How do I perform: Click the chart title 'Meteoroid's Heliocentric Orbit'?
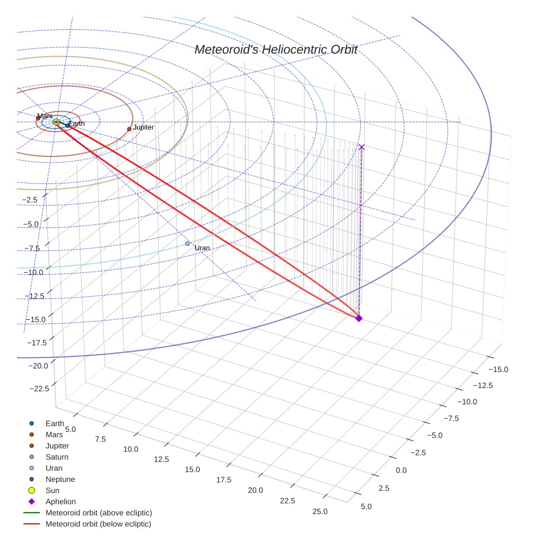point(275,50)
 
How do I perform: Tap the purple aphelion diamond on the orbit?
point(359,318)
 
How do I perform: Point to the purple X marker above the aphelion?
point(361,147)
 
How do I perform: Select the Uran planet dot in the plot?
point(187,243)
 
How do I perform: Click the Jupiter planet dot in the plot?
point(129,129)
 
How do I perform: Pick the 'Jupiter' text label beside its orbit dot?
point(143,127)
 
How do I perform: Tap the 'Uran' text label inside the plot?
point(202,248)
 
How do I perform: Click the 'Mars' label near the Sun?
point(45,116)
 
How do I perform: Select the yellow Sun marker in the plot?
point(56,122)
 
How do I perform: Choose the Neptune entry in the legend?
point(60,479)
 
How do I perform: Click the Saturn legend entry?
point(57,457)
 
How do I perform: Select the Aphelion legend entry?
point(61,502)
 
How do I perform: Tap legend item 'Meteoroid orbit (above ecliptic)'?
point(99,513)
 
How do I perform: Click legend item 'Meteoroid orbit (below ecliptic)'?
point(98,524)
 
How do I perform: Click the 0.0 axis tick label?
point(401,470)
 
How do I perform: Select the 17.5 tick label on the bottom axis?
point(223,480)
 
